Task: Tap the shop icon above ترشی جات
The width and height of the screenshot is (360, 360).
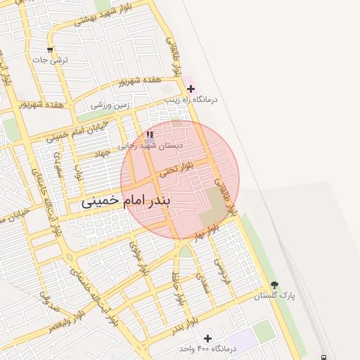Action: pyautogui.click(x=49, y=50)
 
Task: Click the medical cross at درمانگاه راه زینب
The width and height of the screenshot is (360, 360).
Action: pyautogui.click(x=191, y=89)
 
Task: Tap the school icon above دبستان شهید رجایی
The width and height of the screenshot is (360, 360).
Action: pyautogui.click(x=149, y=134)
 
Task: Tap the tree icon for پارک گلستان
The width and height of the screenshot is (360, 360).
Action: pyautogui.click(x=274, y=285)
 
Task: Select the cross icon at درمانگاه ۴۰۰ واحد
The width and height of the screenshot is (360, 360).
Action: pyautogui.click(x=207, y=338)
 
